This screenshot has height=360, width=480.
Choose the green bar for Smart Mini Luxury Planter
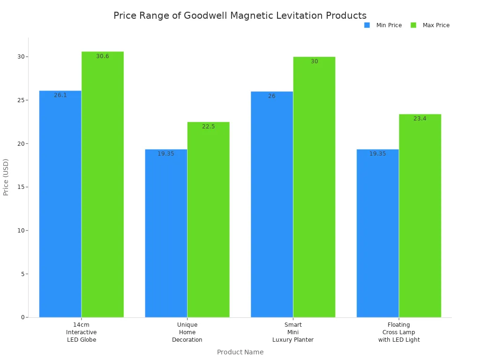pyautogui.click(x=314, y=187)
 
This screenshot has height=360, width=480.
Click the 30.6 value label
pyautogui.click(x=103, y=56)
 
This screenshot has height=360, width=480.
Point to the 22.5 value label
pyautogui.click(x=209, y=127)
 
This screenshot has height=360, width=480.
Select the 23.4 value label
pyautogui.click(x=420, y=119)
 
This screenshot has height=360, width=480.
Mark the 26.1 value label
pyautogui.click(x=60, y=95)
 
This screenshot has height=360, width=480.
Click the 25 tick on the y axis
pyautogui.click(x=21, y=100)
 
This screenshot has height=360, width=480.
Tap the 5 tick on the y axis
pyautogui.click(x=22, y=274)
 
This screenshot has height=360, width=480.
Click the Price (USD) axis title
pyautogui.click(x=6, y=177)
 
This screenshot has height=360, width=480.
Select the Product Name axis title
pyautogui.click(x=240, y=352)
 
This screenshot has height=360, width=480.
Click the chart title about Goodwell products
pyautogui.click(x=240, y=16)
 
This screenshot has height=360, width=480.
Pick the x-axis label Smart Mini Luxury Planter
pyautogui.click(x=293, y=332)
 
